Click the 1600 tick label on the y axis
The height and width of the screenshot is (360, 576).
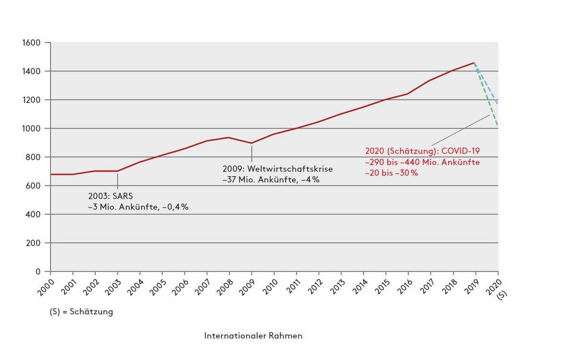pyautogui.click(x=32, y=43)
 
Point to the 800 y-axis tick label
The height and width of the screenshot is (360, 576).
pyautogui.click(x=34, y=157)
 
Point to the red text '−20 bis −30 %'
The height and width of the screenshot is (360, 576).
pyautogui.click(x=391, y=173)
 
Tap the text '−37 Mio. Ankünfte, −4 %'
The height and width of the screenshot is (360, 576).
pyautogui.click(x=271, y=180)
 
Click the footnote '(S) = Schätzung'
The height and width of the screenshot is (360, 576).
pyautogui.click(x=81, y=312)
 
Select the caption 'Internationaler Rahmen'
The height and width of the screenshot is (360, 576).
pyautogui.click(x=253, y=336)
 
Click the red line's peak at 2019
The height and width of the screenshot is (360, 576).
pyautogui.click(x=474, y=62)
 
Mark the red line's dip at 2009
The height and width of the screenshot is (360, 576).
pyautogui.click(x=251, y=143)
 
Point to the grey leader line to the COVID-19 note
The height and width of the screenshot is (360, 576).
pyautogui.click(x=461, y=130)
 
